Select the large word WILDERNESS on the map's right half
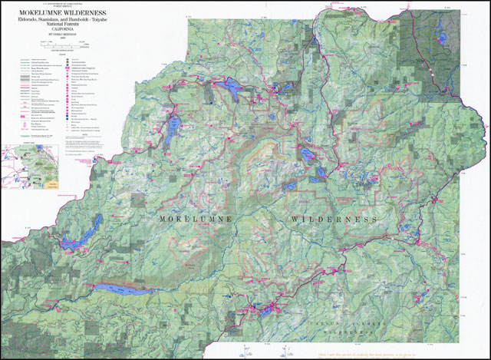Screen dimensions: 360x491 point(334,220)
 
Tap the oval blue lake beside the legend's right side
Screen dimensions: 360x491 point(175,124)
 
